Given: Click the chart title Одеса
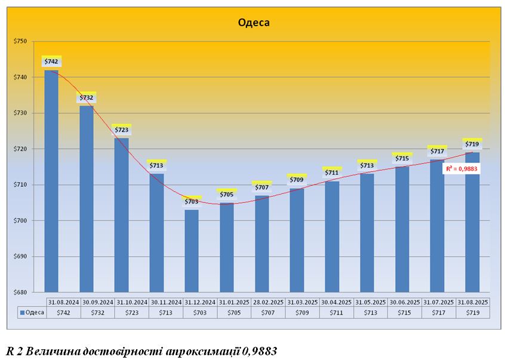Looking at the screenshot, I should (254, 23).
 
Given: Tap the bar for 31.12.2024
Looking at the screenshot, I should (192, 251).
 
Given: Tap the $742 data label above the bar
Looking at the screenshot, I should (51, 62).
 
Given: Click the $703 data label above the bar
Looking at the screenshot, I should (192, 202).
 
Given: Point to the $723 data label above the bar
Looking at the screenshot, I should (121, 130).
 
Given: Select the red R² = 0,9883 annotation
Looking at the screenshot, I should (461, 169).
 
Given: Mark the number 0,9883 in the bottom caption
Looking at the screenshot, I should (260, 350).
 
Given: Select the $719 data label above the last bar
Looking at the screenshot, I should (472, 144).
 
